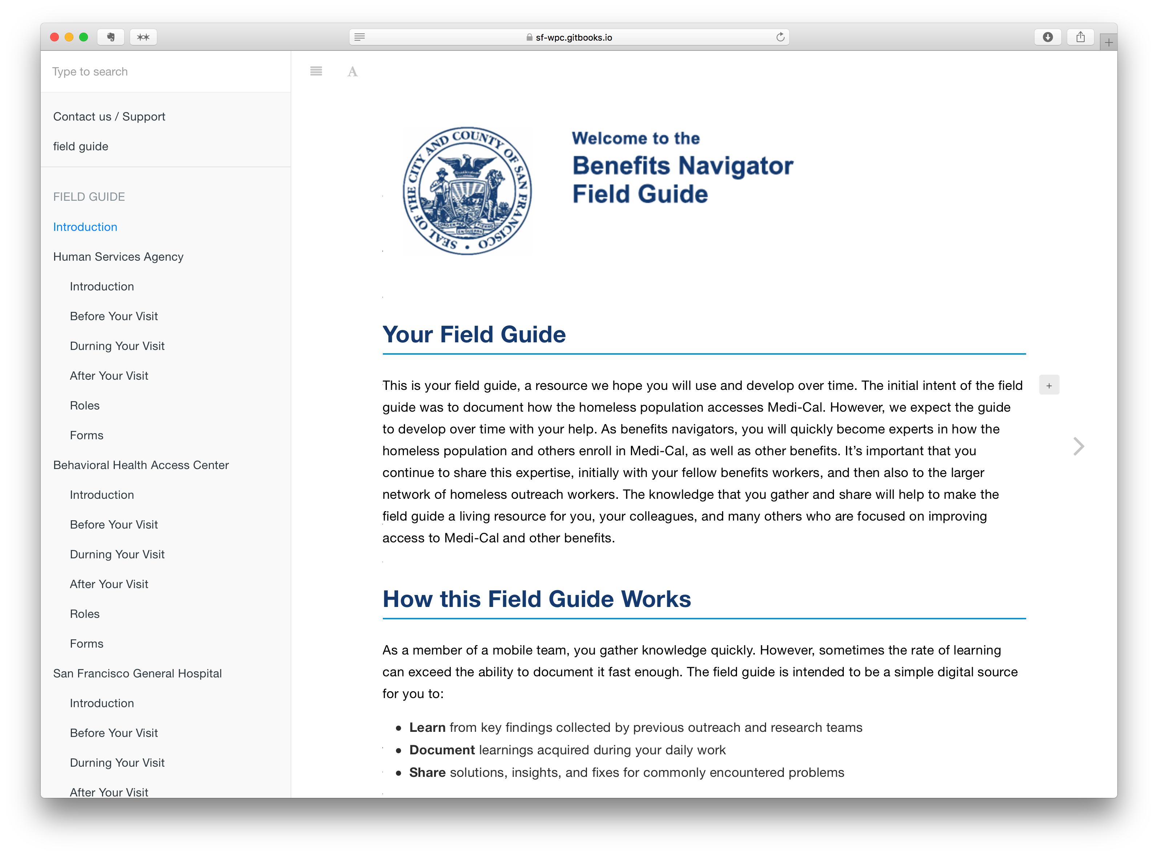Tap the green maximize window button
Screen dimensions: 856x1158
tap(84, 37)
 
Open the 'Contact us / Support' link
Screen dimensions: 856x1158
tap(109, 117)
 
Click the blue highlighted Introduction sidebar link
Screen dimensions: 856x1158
tap(85, 227)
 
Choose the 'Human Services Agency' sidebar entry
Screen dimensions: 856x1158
tap(118, 257)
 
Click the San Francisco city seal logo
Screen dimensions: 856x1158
tap(467, 191)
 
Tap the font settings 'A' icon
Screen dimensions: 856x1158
tap(352, 72)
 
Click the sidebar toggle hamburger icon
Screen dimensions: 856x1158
tap(316, 72)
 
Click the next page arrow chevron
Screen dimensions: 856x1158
tap(1079, 446)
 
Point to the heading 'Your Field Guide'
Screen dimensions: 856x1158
tap(474, 334)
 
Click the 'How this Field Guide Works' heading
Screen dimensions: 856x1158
tap(537, 599)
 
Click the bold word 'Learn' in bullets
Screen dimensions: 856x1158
tap(427, 727)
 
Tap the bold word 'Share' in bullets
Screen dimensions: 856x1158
tap(427, 773)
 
